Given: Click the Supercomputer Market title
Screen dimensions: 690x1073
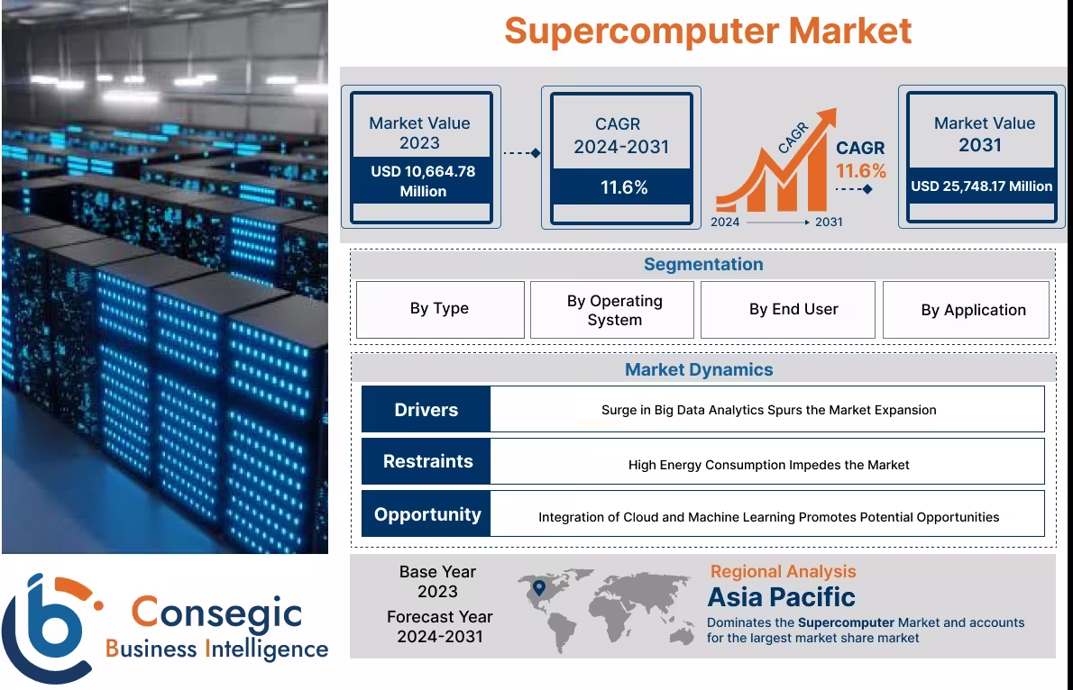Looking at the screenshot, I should [708, 32].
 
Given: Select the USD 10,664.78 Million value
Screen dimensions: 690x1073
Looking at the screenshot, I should [422, 181].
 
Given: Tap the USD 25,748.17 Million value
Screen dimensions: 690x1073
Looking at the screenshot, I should [981, 186].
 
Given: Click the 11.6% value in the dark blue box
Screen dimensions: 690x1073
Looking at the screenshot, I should [624, 187].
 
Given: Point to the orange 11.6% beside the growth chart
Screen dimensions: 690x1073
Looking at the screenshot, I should [860, 171].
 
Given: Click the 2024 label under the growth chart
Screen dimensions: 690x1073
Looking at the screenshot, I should [725, 222].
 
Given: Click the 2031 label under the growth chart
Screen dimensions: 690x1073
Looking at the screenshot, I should [829, 222].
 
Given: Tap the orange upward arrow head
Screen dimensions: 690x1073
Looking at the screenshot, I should [824, 120].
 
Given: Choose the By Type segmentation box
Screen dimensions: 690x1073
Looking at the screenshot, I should [439, 309].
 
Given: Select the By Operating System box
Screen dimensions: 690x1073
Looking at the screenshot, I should [614, 310].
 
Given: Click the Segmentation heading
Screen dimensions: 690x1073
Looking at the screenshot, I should [703, 264].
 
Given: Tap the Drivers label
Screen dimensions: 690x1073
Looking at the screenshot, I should [426, 410].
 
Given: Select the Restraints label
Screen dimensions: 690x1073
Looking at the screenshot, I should [427, 461].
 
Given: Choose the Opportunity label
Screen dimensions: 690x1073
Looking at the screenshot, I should [427, 514].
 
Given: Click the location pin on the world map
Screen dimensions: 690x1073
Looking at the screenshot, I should [539, 589].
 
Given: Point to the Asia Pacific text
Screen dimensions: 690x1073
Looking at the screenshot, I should [781, 597].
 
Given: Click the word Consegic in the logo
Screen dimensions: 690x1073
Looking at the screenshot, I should [216, 613].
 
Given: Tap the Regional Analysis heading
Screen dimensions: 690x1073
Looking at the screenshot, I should [783, 571].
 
